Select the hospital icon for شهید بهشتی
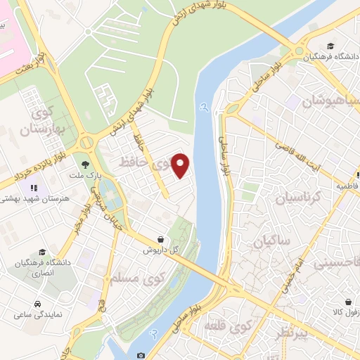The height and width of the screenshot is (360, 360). (33, 188)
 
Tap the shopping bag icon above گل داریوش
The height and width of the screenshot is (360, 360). (161, 240)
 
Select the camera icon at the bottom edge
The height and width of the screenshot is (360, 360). (141, 355)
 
